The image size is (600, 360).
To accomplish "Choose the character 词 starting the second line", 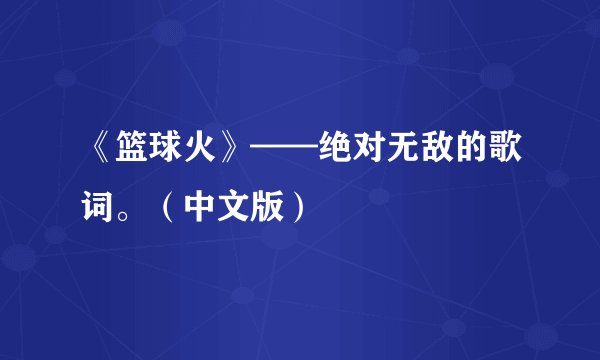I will [106, 210].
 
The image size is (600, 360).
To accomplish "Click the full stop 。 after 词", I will [138, 216].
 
